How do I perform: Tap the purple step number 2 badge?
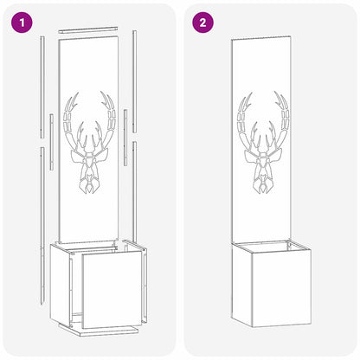(202, 22)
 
